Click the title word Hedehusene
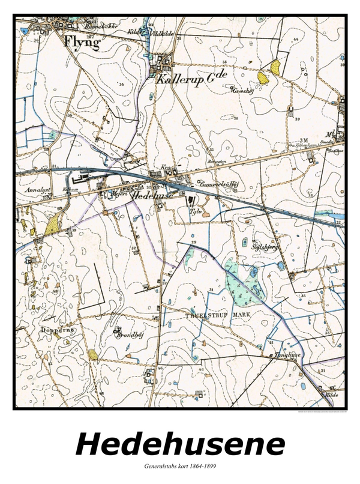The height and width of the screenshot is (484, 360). coord(180,445)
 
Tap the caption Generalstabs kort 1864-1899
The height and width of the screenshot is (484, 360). coord(180,466)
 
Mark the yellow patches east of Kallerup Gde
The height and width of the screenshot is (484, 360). coord(269,71)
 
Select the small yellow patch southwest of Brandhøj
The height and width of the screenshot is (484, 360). coord(92,354)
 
